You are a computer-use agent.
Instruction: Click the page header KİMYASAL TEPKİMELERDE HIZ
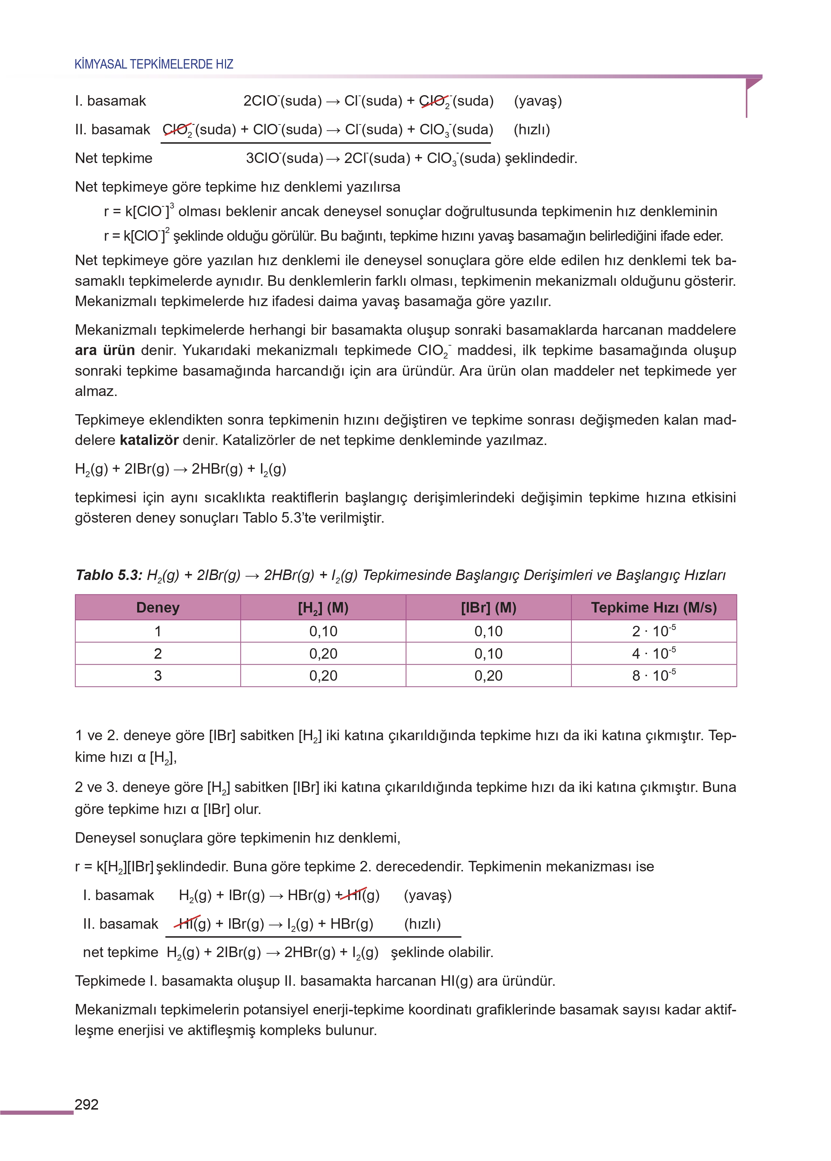(154, 64)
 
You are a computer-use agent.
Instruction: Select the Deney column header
(157, 608)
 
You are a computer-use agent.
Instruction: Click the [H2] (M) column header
(323, 608)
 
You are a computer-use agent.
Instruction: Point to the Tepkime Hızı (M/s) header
(654, 608)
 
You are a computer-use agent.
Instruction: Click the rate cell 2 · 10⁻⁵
(654, 631)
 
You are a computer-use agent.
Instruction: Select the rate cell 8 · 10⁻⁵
(654, 675)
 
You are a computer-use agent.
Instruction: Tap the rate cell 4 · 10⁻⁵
(654, 654)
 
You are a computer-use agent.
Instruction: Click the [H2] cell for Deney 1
(323, 631)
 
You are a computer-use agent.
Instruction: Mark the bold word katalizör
(149, 440)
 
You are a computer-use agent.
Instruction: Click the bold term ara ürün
(104, 351)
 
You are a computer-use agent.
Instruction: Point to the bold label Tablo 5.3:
(108, 575)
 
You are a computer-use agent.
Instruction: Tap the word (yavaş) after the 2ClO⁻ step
(537, 101)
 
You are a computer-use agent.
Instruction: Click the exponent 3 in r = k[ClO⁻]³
(172, 206)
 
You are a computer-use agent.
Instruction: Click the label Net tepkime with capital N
(114, 158)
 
